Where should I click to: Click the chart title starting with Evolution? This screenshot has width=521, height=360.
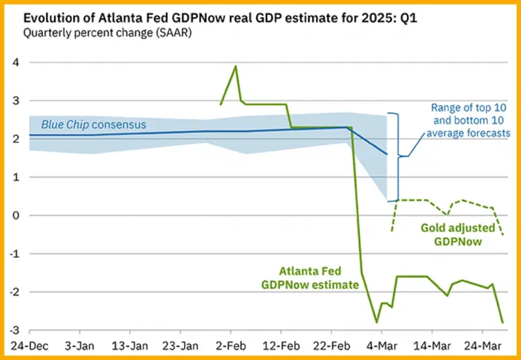coord(220,18)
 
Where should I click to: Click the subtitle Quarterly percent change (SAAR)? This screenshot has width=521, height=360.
coord(107,34)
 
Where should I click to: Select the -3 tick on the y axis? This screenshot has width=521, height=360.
coord(16,330)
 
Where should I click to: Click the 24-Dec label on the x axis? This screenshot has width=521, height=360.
coord(29,346)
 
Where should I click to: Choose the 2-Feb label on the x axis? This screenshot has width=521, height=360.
coord(231,346)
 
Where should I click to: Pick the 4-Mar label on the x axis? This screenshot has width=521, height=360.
coord(382,346)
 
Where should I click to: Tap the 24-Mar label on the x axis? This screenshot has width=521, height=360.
coord(483,346)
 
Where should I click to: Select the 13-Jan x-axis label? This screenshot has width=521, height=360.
coord(130,346)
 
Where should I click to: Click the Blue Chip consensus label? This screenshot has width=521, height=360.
coord(94,124)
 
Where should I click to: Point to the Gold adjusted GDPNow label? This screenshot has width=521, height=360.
coord(458,234)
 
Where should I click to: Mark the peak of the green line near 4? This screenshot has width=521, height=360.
coord(236,66)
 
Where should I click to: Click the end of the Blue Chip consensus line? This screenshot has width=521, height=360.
coord(387,154)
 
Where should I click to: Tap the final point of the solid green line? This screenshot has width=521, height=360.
coord(503,322)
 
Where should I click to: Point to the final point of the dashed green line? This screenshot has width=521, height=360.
coord(503,235)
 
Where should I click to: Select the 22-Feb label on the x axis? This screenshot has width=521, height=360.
coord(331,346)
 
